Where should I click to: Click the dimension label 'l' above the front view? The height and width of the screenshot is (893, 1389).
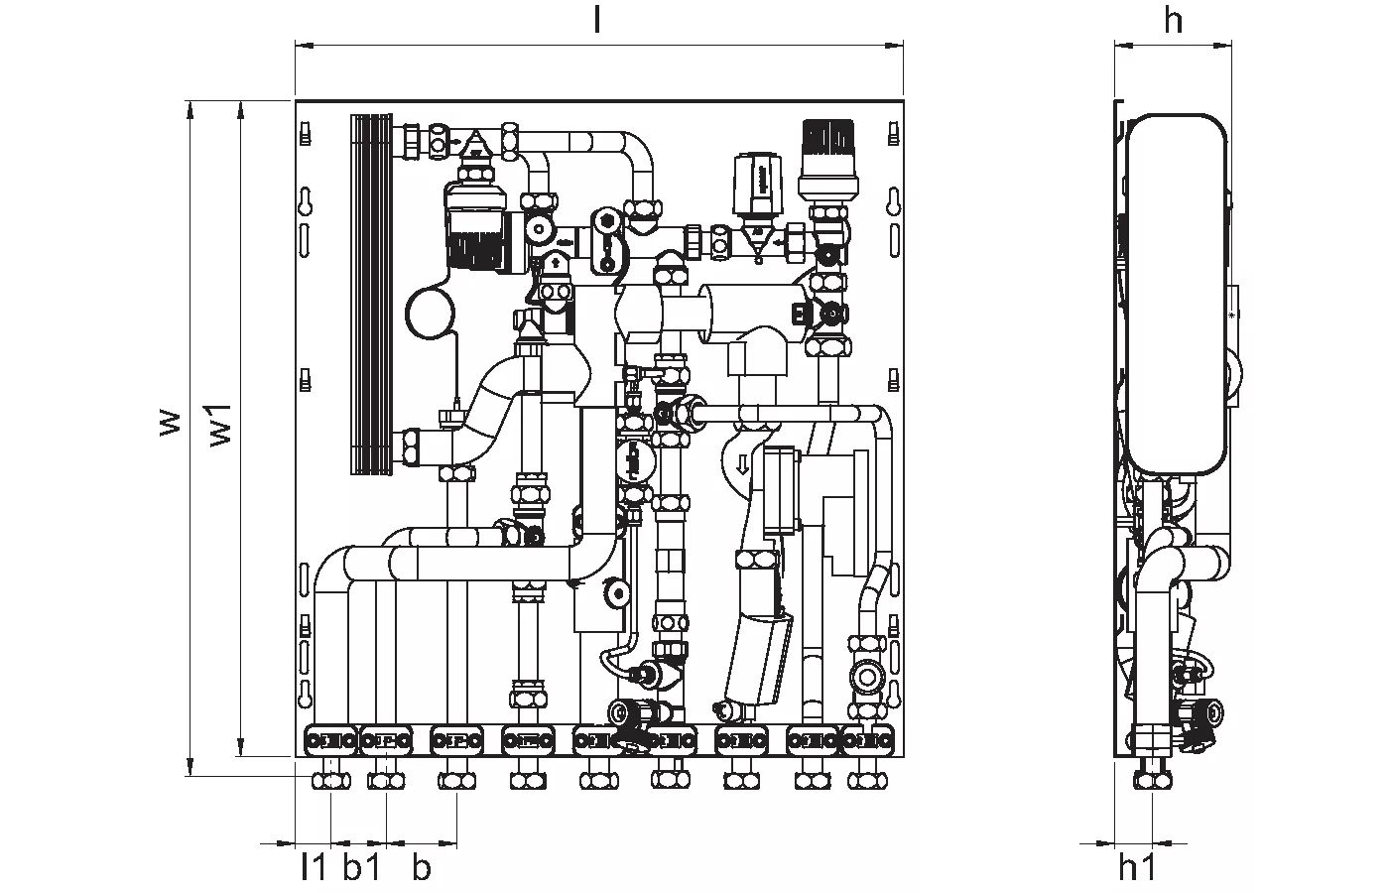(x=596, y=20)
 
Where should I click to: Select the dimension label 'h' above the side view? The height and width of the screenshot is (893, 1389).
(x=1174, y=20)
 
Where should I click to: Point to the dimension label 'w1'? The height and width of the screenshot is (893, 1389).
(x=221, y=424)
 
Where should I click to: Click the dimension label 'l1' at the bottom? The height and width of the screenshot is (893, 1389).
(x=314, y=868)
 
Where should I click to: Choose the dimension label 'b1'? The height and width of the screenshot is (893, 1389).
(x=362, y=868)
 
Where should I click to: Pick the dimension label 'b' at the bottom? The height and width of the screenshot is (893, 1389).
(x=422, y=868)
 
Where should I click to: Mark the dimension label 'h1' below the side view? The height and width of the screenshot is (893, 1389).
(x=1137, y=868)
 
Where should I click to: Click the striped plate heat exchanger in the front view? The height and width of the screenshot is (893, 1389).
(x=371, y=293)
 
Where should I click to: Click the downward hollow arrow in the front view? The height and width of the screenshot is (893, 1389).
(x=743, y=464)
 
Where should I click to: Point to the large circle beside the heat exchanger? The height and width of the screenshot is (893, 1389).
(x=431, y=313)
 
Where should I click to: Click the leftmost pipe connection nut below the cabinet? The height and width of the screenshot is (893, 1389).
(x=331, y=781)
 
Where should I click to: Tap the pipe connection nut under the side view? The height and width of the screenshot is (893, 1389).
(x=1153, y=780)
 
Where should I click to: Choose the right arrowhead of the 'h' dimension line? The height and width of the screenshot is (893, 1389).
(x=1225, y=44)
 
